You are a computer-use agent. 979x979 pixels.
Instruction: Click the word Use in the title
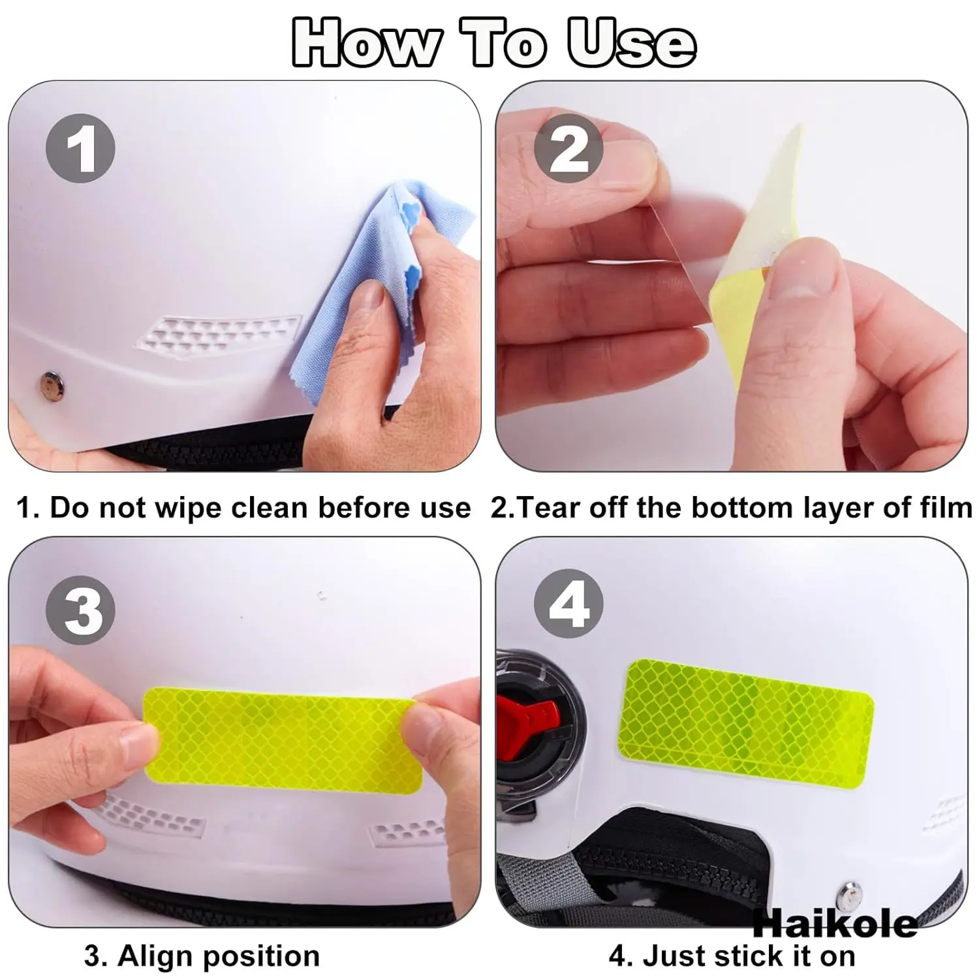pyautogui.click(x=630, y=43)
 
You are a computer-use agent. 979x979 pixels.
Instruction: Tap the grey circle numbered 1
pyautogui.click(x=80, y=148)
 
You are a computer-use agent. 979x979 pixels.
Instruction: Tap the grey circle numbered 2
pyautogui.click(x=568, y=148)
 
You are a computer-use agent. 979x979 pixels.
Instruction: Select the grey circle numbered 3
pyautogui.click(x=80, y=611)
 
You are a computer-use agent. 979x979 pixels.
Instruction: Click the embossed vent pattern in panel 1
pyautogui.click(x=218, y=333)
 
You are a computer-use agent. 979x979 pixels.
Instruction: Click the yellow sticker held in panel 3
pyautogui.click(x=281, y=736)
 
